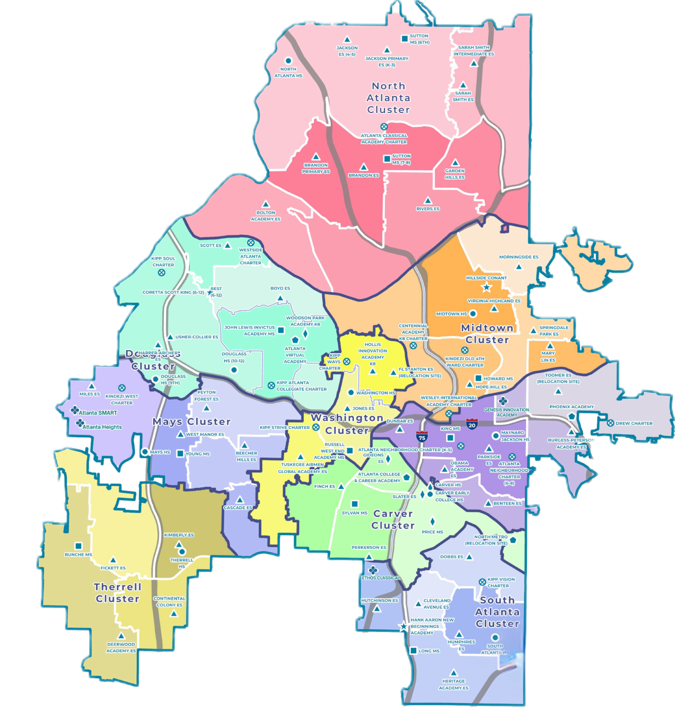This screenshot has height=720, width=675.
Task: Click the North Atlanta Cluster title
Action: (x=389, y=98)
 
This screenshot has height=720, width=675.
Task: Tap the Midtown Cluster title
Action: (x=487, y=334)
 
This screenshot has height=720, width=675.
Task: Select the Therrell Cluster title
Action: (x=117, y=593)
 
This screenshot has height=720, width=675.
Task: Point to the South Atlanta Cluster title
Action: (x=497, y=612)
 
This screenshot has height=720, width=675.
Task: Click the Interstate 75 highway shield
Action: (x=422, y=437)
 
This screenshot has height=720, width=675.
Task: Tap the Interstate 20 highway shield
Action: (x=472, y=424)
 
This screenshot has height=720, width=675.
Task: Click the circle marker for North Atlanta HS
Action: (x=288, y=61)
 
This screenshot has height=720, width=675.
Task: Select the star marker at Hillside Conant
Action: (x=486, y=287)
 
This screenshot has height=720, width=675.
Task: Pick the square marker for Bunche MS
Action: (x=78, y=546)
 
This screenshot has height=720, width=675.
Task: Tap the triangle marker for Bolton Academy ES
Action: (x=266, y=204)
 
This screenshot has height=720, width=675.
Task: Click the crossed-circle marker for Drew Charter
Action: (x=610, y=423)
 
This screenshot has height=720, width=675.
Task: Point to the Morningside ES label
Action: (x=519, y=257)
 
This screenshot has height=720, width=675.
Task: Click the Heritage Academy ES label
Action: (x=453, y=684)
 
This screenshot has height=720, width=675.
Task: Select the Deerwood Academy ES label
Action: (x=121, y=647)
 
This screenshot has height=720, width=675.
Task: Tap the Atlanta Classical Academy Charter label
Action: (x=384, y=139)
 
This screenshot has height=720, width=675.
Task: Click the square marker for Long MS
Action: (x=414, y=651)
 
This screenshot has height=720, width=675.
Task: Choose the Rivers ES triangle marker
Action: (x=428, y=201)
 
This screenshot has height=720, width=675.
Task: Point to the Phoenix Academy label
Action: (x=572, y=407)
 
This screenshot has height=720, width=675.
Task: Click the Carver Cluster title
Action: (x=393, y=520)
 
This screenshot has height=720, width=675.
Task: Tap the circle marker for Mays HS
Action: (x=144, y=452)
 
